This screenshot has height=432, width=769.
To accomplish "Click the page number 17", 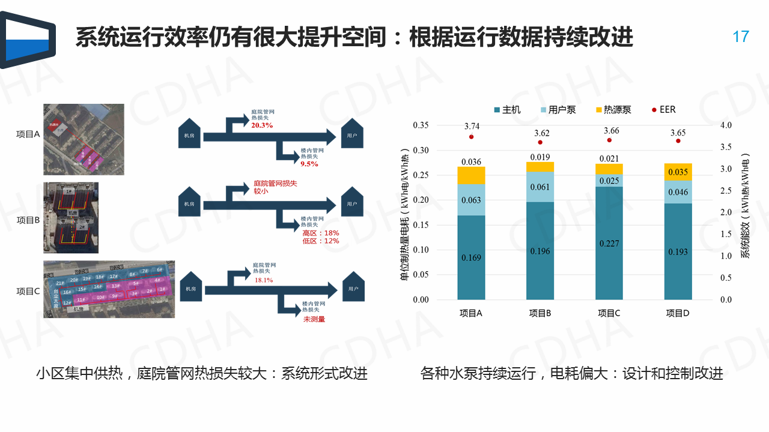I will tap(741, 37).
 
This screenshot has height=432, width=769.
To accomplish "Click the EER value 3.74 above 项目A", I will tap(472, 126).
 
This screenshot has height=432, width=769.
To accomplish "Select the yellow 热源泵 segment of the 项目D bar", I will tap(678, 172).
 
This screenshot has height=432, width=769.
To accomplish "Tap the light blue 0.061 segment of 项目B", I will tap(540, 187).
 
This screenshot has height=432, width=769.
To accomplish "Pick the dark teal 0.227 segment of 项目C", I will tap(609, 243).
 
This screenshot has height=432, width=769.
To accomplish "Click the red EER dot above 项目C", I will tap(609, 140).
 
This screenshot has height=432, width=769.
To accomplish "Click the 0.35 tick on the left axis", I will tap(421, 125).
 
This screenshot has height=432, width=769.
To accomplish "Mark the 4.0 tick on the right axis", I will tap(726, 125).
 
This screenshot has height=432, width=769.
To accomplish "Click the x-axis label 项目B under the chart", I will tap(540, 313).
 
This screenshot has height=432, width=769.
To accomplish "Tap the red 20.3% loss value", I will tap(262, 125).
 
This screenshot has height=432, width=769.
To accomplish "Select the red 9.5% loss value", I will tap(309, 163).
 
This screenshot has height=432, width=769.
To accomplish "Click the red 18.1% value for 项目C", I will tap(264, 280).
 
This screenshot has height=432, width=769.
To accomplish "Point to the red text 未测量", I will tap(314, 319).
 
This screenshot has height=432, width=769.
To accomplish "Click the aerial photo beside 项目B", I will tap(71, 218).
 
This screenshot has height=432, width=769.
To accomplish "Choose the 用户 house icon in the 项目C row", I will tap(353, 287).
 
